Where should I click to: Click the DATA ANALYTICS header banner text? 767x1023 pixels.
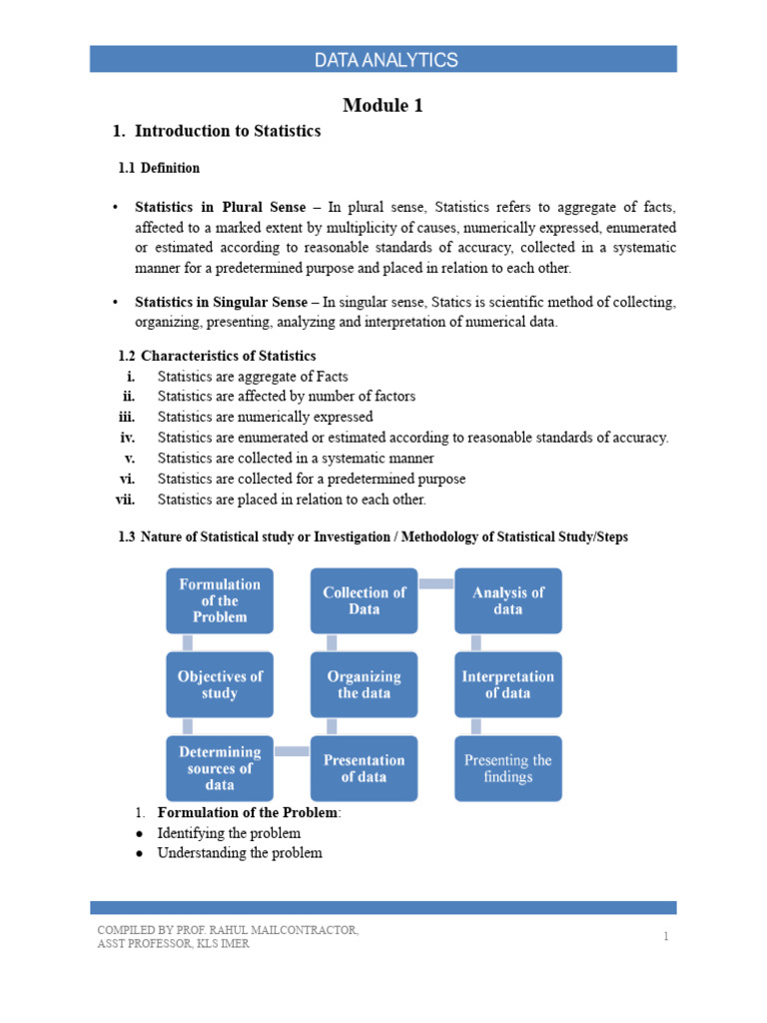(385, 60)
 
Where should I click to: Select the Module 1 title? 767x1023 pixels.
(383, 105)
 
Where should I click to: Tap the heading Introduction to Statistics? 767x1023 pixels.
(227, 131)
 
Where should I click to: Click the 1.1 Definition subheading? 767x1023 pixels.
(160, 168)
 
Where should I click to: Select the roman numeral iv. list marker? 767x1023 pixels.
(128, 438)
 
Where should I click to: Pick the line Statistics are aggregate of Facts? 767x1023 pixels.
(253, 376)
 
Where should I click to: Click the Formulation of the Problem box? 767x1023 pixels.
(219, 600)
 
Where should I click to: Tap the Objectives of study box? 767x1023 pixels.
(219, 684)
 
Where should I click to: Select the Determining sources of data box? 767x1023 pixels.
(219, 767)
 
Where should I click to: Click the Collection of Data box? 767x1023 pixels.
(364, 600)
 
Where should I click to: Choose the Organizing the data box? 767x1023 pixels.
(364, 684)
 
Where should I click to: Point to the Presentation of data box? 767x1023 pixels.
(364, 767)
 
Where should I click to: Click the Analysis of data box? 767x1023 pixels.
(507, 600)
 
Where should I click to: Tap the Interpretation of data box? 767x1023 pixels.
(507, 684)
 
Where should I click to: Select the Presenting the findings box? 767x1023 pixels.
(507, 767)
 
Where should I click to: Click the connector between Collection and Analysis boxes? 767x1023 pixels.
(435, 583)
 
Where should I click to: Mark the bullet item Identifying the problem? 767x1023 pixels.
(229, 832)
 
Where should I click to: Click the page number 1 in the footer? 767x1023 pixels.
(664, 936)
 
